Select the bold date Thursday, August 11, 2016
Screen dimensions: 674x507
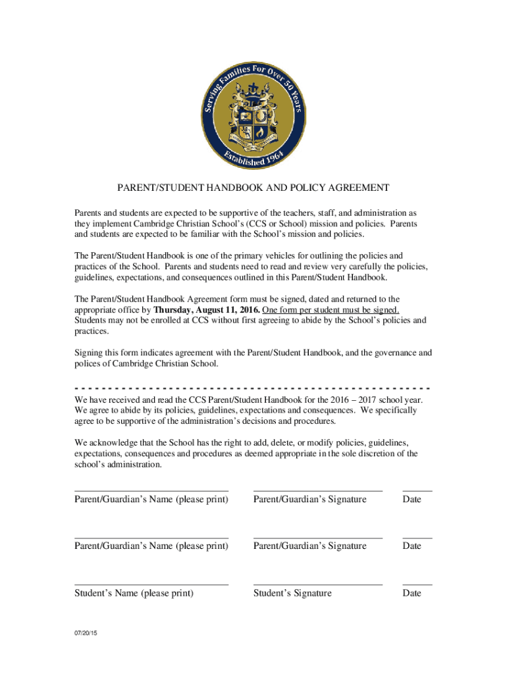click(207, 309)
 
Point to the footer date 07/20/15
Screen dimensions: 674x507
click(85, 633)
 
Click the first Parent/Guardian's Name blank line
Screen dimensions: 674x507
click(151, 490)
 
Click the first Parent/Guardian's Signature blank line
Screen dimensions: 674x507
click(317, 490)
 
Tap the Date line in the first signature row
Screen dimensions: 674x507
click(417, 490)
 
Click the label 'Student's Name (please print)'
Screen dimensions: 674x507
click(134, 593)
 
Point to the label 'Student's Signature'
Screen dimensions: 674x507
click(292, 593)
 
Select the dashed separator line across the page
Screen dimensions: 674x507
click(253, 388)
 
